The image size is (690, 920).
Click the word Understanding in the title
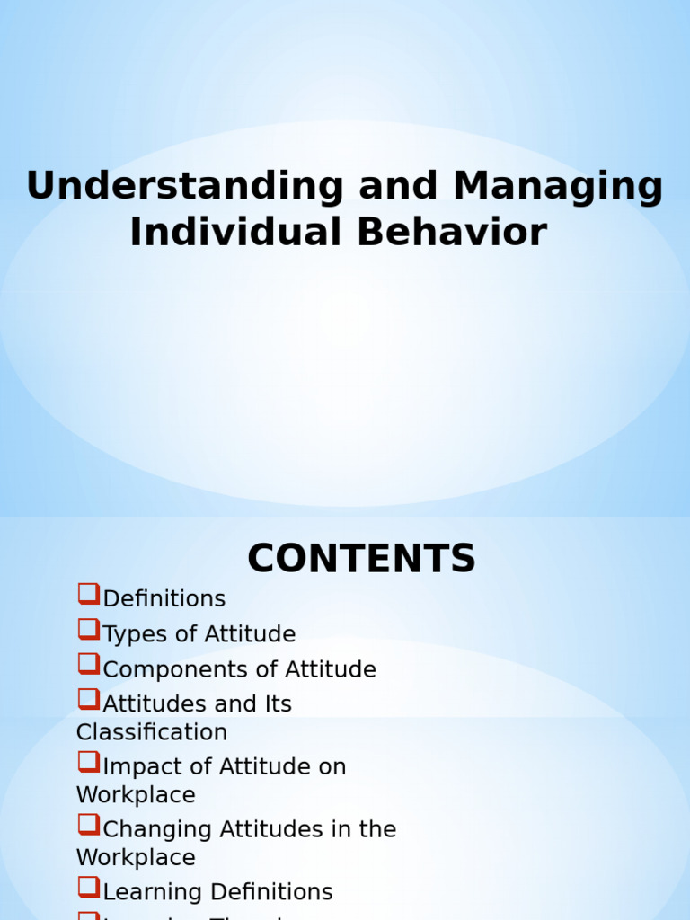(184, 187)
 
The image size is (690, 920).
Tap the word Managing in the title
(558, 187)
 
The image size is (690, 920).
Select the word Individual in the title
(236, 233)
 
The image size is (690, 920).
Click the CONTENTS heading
(361, 559)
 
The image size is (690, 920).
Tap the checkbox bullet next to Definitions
(88, 594)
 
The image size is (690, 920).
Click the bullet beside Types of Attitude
(88, 629)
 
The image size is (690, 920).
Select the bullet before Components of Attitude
(88, 664)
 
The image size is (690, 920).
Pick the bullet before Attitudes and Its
(88, 699)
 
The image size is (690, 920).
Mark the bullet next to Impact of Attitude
(88, 762)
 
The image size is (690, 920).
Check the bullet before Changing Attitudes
(88, 824)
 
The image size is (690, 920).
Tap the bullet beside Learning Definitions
(88, 887)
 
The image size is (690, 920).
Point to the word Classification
(152, 732)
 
